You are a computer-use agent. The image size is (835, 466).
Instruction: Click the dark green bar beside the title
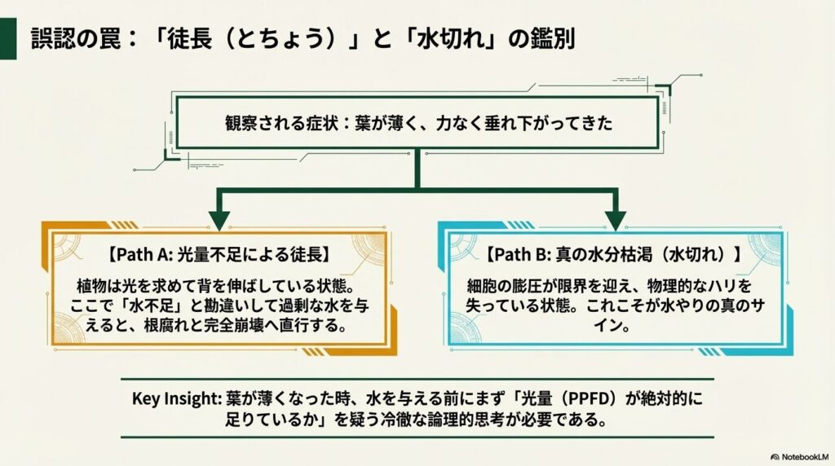[9, 38]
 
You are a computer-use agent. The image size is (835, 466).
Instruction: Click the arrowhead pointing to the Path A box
[219, 219]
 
